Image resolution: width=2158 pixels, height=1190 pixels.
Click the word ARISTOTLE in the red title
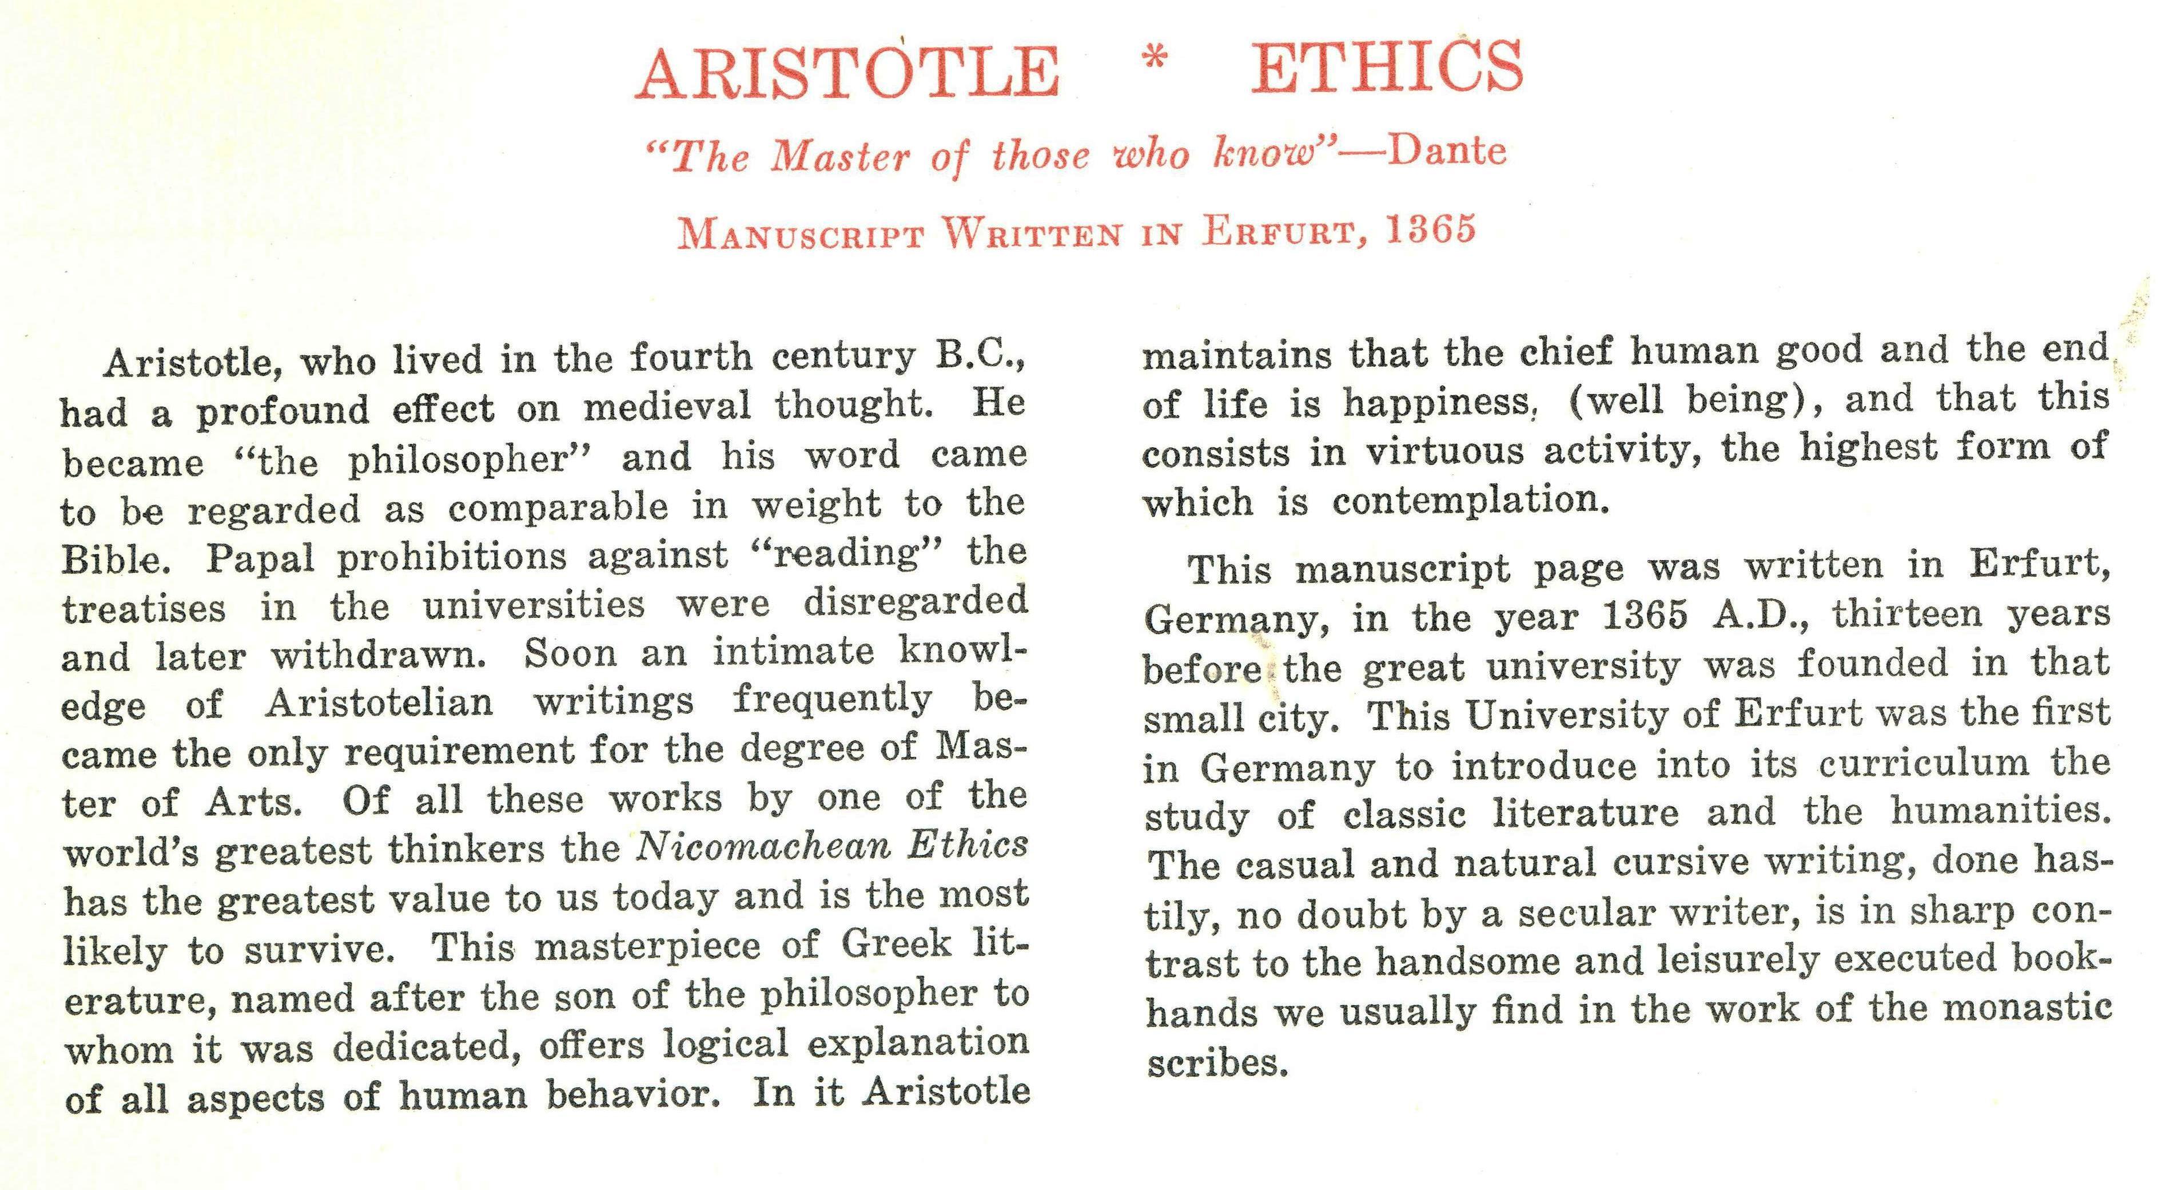click(847, 72)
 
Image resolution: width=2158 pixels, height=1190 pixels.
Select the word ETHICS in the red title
click(1387, 67)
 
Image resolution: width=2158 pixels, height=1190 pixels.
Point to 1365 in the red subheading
click(1430, 229)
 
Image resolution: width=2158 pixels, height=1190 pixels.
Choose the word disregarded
click(915, 602)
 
